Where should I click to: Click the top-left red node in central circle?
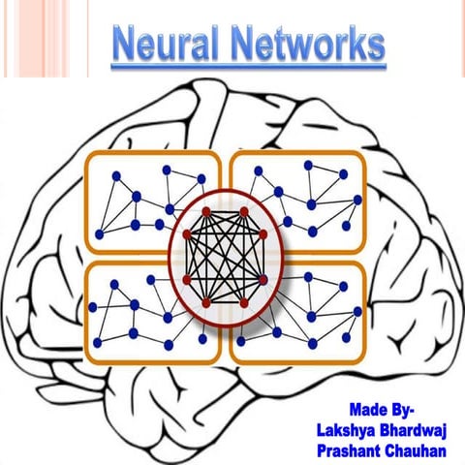(x=206, y=210)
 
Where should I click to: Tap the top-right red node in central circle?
(x=245, y=210)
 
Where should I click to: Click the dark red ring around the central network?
(x=173, y=257)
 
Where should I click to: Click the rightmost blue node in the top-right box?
(x=357, y=200)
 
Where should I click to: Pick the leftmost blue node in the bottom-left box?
(x=94, y=306)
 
